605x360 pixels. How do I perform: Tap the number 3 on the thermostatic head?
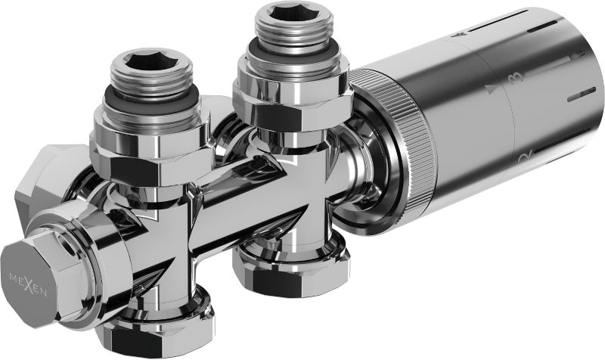tap(517, 78)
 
